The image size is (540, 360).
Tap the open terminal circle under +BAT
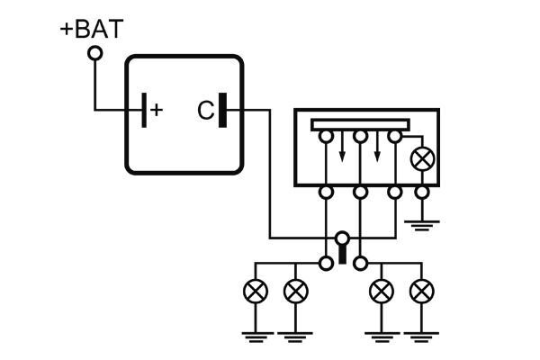point(94,54)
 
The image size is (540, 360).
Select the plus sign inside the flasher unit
point(157,110)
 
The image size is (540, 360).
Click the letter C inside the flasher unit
point(204,111)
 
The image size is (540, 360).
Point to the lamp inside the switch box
point(421,159)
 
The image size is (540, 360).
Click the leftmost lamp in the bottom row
point(256,292)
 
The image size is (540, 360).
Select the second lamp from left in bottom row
point(294,292)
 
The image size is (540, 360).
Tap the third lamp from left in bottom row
point(382,292)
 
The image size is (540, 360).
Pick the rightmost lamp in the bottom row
point(420,292)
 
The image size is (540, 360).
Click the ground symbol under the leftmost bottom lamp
point(256,335)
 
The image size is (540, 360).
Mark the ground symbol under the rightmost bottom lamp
point(420,335)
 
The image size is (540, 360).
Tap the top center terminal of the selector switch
point(342,238)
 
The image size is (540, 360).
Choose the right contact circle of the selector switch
point(360,263)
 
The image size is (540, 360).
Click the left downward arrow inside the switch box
point(342,155)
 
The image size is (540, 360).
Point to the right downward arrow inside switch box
point(377,155)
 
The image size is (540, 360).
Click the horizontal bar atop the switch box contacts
point(360,124)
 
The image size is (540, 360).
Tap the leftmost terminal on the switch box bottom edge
point(325,192)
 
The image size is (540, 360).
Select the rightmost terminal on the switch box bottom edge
point(421,192)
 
